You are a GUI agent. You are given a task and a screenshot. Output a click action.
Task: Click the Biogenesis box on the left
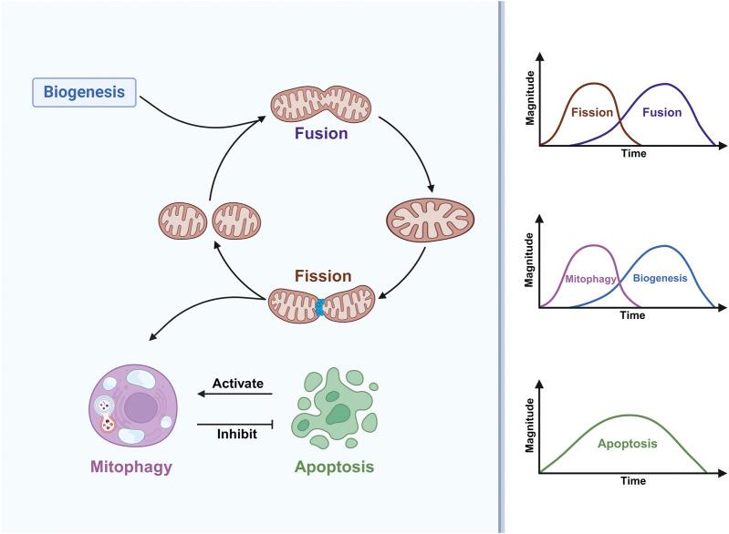click(84, 92)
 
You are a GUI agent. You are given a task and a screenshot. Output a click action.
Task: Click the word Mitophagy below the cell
click(130, 467)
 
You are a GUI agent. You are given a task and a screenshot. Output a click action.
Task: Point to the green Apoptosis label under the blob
click(334, 467)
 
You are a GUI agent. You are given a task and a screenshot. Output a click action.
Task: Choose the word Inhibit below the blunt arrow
click(237, 434)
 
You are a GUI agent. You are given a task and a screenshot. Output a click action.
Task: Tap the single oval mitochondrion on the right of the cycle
click(430, 221)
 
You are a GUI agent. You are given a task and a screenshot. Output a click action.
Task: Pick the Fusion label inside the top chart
click(661, 113)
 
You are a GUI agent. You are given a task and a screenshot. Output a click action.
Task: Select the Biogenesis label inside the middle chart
click(661, 278)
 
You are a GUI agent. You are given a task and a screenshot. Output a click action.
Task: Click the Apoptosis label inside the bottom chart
click(627, 445)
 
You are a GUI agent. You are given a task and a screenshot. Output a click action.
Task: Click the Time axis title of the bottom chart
click(632, 480)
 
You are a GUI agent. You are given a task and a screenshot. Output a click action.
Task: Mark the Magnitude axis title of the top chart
click(530, 108)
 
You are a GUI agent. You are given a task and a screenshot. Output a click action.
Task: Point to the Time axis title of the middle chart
click(632, 315)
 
